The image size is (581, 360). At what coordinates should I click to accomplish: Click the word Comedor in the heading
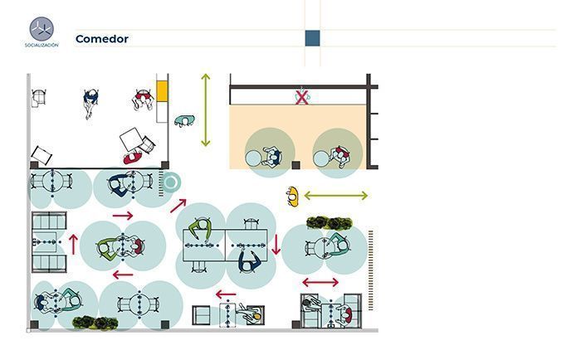pyautogui.click(x=102, y=39)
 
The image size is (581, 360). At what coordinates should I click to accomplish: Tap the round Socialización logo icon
pyautogui.click(x=41, y=29)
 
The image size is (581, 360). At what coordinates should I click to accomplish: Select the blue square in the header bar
pyautogui.click(x=312, y=38)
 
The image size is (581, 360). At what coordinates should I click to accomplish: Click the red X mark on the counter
pyautogui.click(x=302, y=97)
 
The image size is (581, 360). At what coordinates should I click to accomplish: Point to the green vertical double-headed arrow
pyautogui.click(x=206, y=110)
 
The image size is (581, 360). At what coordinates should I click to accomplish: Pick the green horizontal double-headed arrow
pyautogui.click(x=335, y=196)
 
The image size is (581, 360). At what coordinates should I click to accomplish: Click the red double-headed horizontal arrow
pyautogui.click(x=320, y=283)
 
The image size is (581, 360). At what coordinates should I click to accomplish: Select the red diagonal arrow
pyautogui.click(x=178, y=206)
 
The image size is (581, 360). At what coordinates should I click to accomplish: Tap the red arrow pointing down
pyautogui.click(x=276, y=245)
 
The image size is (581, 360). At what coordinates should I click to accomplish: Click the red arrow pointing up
pyautogui.click(x=74, y=245)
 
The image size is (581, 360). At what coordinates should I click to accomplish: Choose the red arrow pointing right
pyautogui.click(x=123, y=216)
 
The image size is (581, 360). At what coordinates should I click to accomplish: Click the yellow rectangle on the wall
pyautogui.click(x=162, y=91)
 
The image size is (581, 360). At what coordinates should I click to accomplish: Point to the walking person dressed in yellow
pyautogui.click(x=293, y=197)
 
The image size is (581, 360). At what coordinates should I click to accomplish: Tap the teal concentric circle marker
pyautogui.click(x=171, y=182)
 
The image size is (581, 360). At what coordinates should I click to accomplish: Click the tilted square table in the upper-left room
pyautogui.click(x=132, y=139)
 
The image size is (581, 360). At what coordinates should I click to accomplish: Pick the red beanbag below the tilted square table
pyautogui.click(x=133, y=158)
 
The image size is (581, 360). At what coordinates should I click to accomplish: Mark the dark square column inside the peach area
pyautogui.click(x=295, y=165)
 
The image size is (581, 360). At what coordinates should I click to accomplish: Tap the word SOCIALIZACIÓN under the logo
pyautogui.click(x=41, y=45)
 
